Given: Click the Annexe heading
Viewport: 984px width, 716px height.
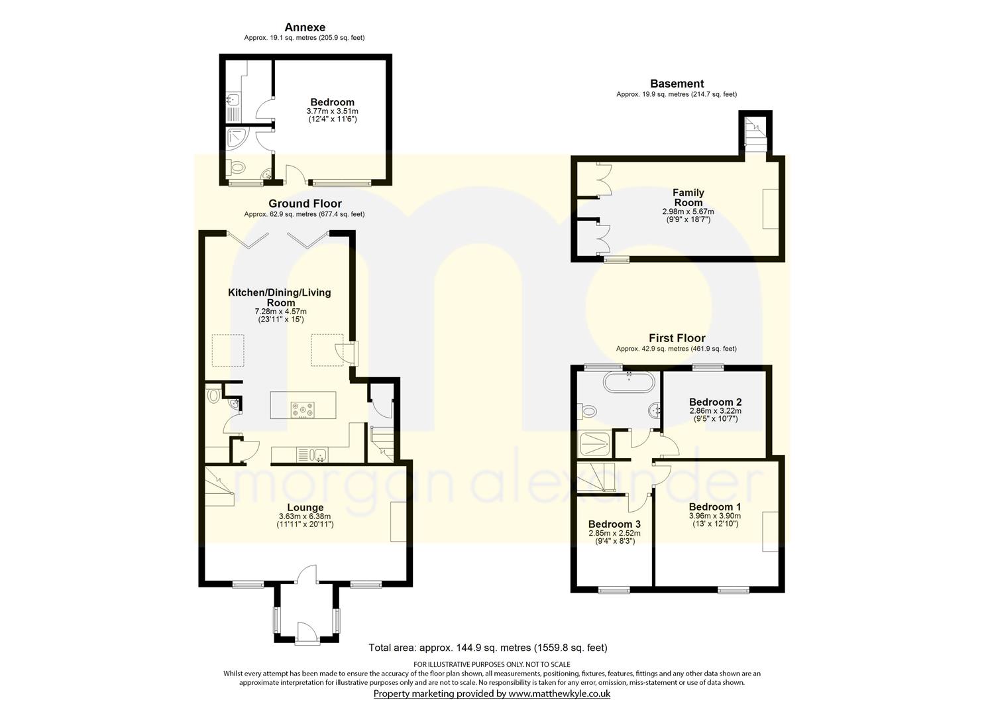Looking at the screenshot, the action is [x=305, y=27].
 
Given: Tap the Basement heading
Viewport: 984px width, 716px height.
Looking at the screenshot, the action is [x=677, y=84].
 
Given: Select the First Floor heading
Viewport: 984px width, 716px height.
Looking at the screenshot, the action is [x=677, y=338].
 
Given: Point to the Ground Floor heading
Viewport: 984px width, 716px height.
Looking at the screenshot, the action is [x=305, y=204].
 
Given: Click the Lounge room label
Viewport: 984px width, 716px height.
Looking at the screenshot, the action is [x=305, y=508].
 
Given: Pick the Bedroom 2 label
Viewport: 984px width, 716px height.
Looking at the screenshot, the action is [x=715, y=402].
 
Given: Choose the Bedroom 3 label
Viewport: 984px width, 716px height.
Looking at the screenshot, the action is [x=614, y=524].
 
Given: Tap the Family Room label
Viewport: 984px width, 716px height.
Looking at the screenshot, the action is [x=688, y=198].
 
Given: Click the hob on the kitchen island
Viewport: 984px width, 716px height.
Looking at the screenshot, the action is [x=303, y=410].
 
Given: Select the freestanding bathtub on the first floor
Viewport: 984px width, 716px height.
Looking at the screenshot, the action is [x=629, y=383].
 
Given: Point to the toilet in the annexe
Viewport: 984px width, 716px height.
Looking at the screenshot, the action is [x=237, y=167].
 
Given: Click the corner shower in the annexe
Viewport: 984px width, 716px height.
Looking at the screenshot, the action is [x=238, y=139].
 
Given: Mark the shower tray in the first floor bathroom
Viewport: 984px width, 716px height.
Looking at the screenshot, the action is [x=595, y=444].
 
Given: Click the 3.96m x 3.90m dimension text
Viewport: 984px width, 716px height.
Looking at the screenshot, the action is [x=715, y=516].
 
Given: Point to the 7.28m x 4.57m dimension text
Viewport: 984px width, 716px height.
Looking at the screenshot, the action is [x=281, y=311].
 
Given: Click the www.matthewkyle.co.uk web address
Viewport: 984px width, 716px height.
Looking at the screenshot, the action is [x=559, y=693].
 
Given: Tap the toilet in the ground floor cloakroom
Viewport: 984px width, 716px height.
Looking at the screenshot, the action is [x=213, y=394].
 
